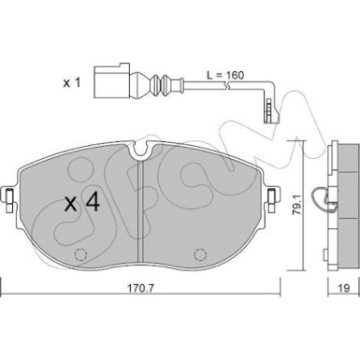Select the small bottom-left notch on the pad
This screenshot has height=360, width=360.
pos(75,254)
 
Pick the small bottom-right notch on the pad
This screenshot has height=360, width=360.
pos(203,254)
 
